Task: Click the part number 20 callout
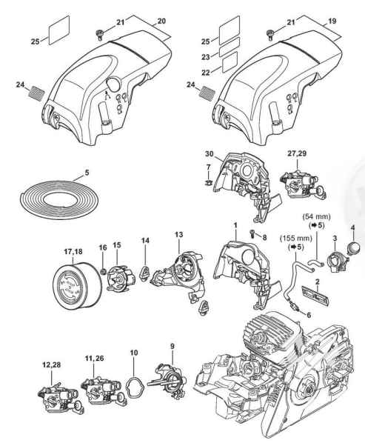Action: tap(161, 21)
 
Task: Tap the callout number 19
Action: tap(332, 21)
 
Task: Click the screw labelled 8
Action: tap(252, 233)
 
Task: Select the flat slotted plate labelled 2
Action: tap(315, 295)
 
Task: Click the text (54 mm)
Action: tap(316, 217)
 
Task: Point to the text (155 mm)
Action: tap(296, 239)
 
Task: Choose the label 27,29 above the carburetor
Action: tap(296, 153)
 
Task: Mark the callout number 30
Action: tap(210, 154)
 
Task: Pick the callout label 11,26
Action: tap(94, 359)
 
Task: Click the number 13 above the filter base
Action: tap(178, 235)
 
